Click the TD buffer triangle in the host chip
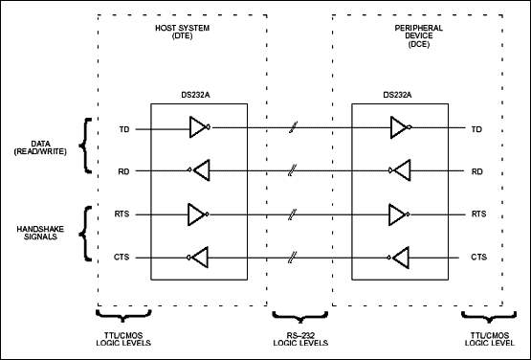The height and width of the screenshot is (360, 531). coord(199,127)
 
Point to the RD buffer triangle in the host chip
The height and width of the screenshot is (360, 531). coord(199,171)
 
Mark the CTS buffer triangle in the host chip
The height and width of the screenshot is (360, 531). coord(199,258)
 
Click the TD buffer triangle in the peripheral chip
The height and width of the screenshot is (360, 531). coord(401,127)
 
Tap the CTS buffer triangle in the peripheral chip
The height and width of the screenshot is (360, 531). coord(401,258)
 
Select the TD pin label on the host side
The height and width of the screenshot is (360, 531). coord(124,128)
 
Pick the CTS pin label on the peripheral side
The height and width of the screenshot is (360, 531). coord(480,258)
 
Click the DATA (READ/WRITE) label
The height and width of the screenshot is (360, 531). coord(43,150)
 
